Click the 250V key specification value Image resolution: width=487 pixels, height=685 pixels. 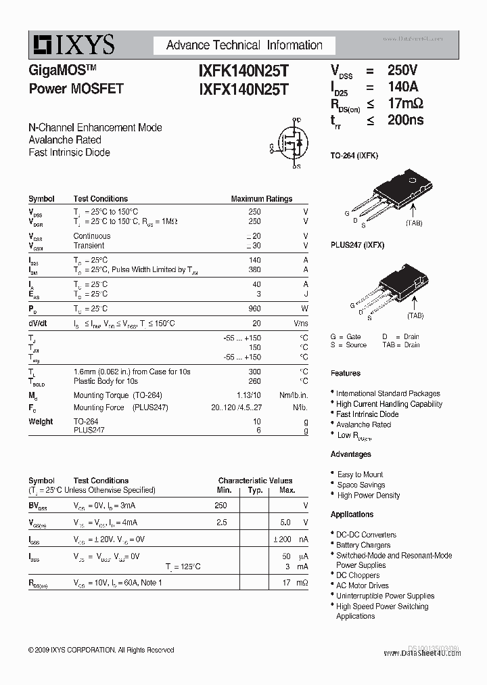click(x=402, y=70)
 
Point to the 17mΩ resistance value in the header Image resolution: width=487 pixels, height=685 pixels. click(x=405, y=104)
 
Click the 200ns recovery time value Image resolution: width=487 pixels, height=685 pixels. click(x=405, y=120)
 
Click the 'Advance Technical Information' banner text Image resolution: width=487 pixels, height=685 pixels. click(x=244, y=45)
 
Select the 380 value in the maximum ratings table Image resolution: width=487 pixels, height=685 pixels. click(x=254, y=269)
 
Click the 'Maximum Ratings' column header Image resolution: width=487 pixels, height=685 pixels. click(x=261, y=199)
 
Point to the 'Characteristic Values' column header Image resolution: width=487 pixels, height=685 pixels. click(x=255, y=481)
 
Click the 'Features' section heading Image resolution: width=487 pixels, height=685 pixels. click(x=346, y=373)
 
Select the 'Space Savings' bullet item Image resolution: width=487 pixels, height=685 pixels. click(x=361, y=485)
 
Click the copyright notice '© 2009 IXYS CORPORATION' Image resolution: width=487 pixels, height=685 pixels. click(x=101, y=650)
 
